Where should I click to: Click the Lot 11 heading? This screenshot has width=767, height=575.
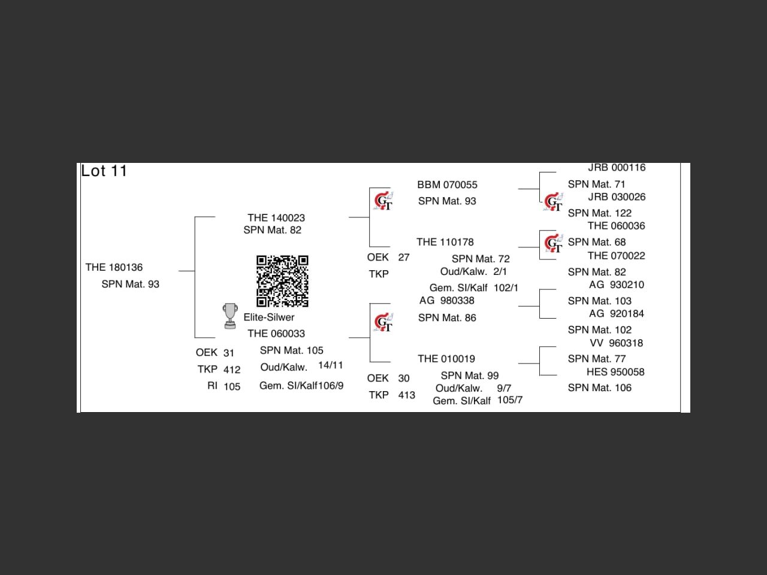(x=104, y=171)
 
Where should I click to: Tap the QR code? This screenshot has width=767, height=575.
(x=282, y=281)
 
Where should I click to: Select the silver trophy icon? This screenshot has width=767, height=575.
(x=230, y=316)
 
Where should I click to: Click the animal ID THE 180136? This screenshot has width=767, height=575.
(x=114, y=268)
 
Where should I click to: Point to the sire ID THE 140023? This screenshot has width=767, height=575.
(x=276, y=218)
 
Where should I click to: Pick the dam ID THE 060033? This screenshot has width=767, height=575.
(x=276, y=334)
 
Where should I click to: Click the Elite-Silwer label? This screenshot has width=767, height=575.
(x=269, y=317)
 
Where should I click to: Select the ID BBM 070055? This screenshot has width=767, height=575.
(x=447, y=185)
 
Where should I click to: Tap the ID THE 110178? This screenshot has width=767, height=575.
(x=445, y=243)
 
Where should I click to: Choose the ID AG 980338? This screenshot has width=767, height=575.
(x=447, y=301)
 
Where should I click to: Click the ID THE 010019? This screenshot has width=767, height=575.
(x=446, y=359)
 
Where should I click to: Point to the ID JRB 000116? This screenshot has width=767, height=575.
(x=617, y=168)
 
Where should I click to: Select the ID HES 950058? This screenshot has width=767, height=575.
(x=615, y=372)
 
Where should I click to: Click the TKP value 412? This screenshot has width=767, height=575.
(x=232, y=370)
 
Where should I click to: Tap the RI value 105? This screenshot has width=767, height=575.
(x=232, y=387)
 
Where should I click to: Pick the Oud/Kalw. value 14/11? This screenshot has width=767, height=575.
(x=331, y=365)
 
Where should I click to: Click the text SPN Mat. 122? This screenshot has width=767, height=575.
(x=600, y=213)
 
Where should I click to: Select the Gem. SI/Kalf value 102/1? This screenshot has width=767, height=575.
(x=506, y=288)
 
